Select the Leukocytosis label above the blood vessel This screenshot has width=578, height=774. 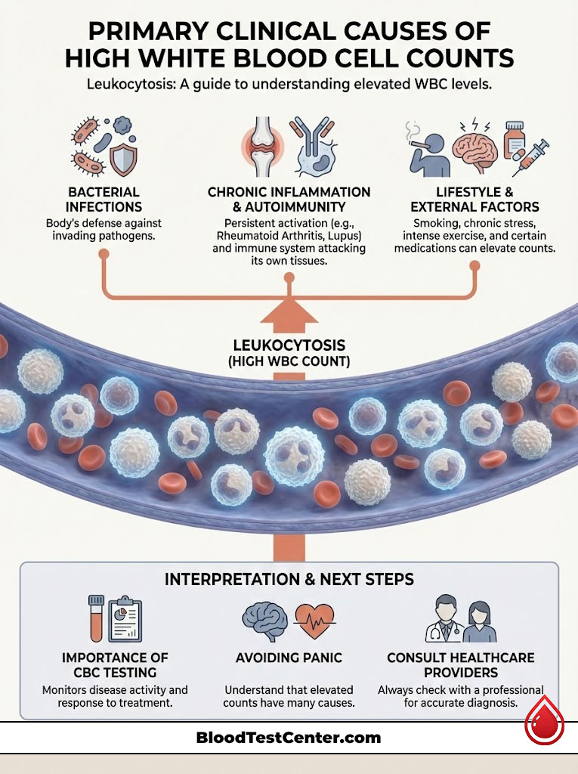click(x=289, y=345)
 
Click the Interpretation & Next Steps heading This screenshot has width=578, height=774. click(x=289, y=580)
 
